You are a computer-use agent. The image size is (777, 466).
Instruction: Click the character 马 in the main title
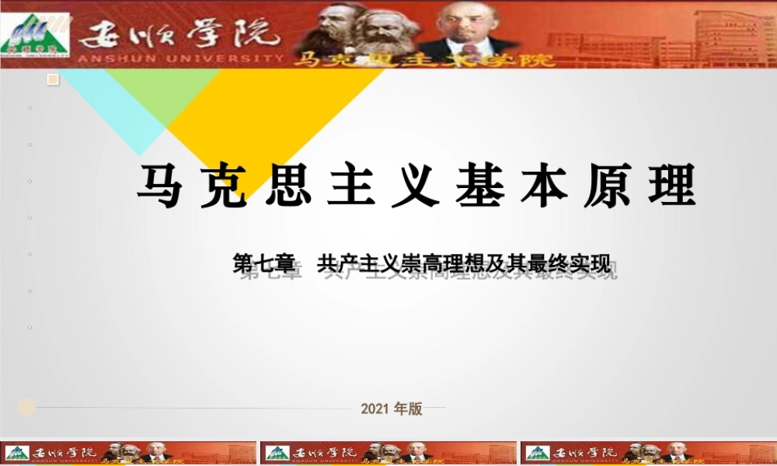pos(161,187)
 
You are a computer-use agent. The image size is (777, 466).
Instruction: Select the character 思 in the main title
pos(288,187)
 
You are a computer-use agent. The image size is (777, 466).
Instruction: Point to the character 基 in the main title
pos(479,187)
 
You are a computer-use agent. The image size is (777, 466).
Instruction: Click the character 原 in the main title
pos(607,187)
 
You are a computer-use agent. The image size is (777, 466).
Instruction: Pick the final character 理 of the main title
pos(671,187)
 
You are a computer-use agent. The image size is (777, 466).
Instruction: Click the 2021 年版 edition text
pos(392,409)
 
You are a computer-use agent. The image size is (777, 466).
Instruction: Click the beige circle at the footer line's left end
pos(26,407)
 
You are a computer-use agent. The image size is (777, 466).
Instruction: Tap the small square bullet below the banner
pos(53,79)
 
